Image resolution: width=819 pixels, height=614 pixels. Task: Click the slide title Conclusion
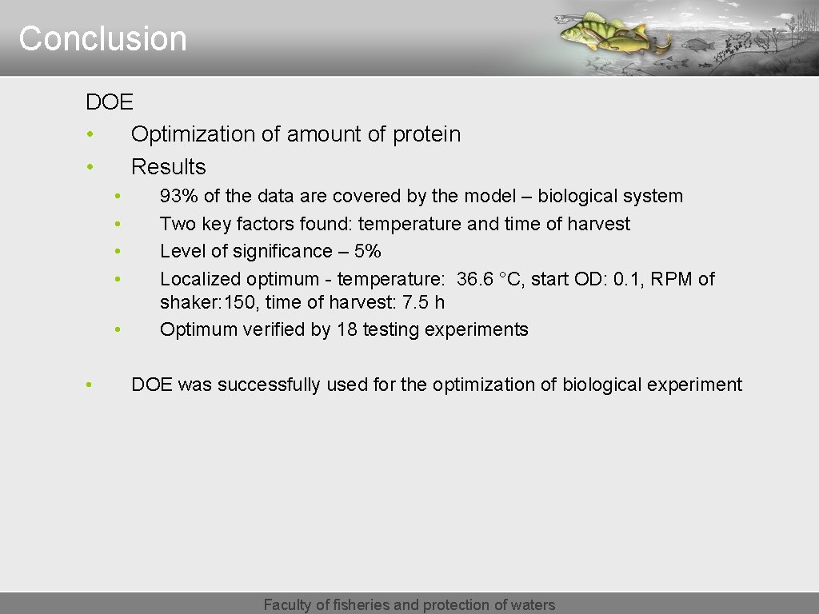pyautogui.click(x=102, y=39)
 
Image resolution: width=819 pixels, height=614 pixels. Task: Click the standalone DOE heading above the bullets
pyautogui.click(x=110, y=102)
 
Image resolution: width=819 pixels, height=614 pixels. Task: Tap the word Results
pyautogui.click(x=168, y=167)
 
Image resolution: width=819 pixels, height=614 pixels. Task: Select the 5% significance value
pyautogui.click(x=367, y=252)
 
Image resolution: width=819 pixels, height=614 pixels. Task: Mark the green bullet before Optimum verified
pyautogui.click(x=117, y=329)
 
